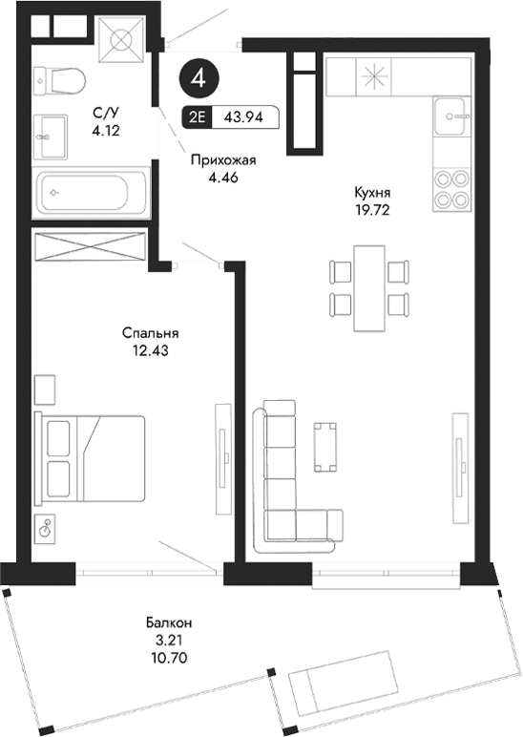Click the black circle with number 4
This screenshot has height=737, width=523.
pyautogui.click(x=198, y=78)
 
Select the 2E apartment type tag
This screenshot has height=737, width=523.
pyautogui.click(x=197, y=117)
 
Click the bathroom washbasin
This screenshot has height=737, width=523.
pyautogui.click(x=52, y=136)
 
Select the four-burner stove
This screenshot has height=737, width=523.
pyautogui.click(x=451, y=189)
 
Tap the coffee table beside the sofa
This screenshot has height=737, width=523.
pyautogui.click(x=325, y=446)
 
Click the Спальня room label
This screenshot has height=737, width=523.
pyautogui.click(x=151, y=333)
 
